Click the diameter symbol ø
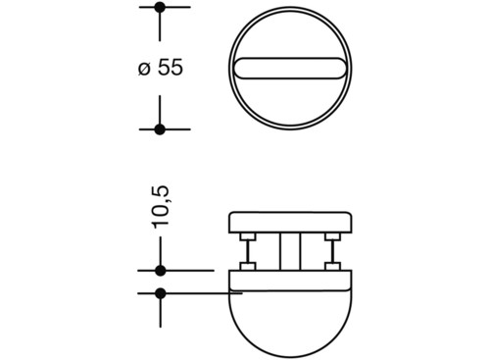pyautogui.click(x=144, y=69)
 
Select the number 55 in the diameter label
pyautogui.click(x=171, y=68)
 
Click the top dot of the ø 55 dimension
pyautogui.click(x=160, y=7)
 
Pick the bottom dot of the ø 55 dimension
pyautogui.click(x=160, y=129)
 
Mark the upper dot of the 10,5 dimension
pyautogui.click(x=160, y=271)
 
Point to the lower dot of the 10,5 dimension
pyautogui.click(x=160, y=293)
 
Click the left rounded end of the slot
pyautogui.click(x=240, y=69)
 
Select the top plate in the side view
pyautogui.click(x=290, y=223)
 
